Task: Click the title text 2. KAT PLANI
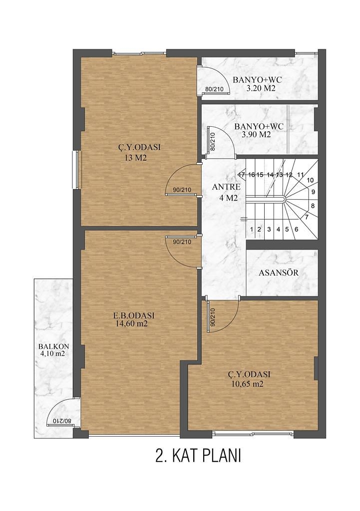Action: [x=198, y=456]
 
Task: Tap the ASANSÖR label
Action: [x=278, y=273]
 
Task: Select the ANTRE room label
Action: [x=226, y=187]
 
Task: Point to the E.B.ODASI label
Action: [x=133, y=315]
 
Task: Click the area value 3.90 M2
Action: [x=256, y=134]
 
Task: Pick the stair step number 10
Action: [x=310, y=180]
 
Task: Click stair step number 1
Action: [x=252, y=229]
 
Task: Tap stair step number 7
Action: [x=307, y=217]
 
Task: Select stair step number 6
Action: [x=296, y=229]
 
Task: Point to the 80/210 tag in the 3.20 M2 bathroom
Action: [x=214, y=89]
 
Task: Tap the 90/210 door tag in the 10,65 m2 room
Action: [x=212, y=317]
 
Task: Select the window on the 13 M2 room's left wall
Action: [x=76, y=170]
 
